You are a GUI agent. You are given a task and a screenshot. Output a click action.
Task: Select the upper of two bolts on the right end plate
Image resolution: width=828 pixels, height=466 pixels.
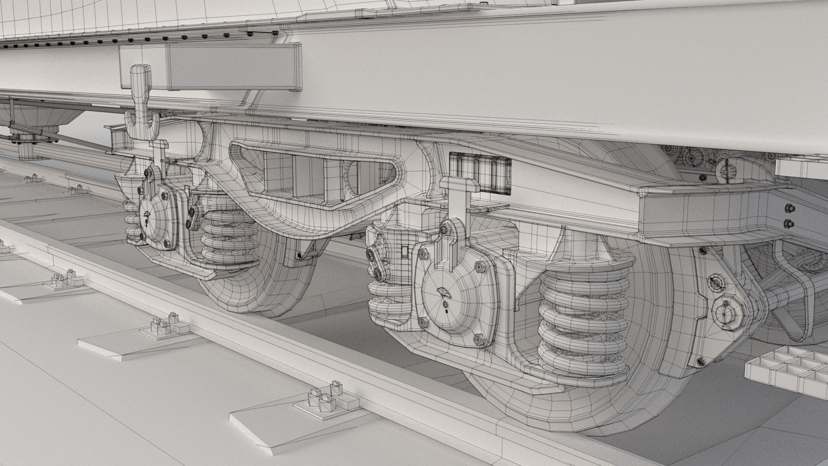tap(789, 208)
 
